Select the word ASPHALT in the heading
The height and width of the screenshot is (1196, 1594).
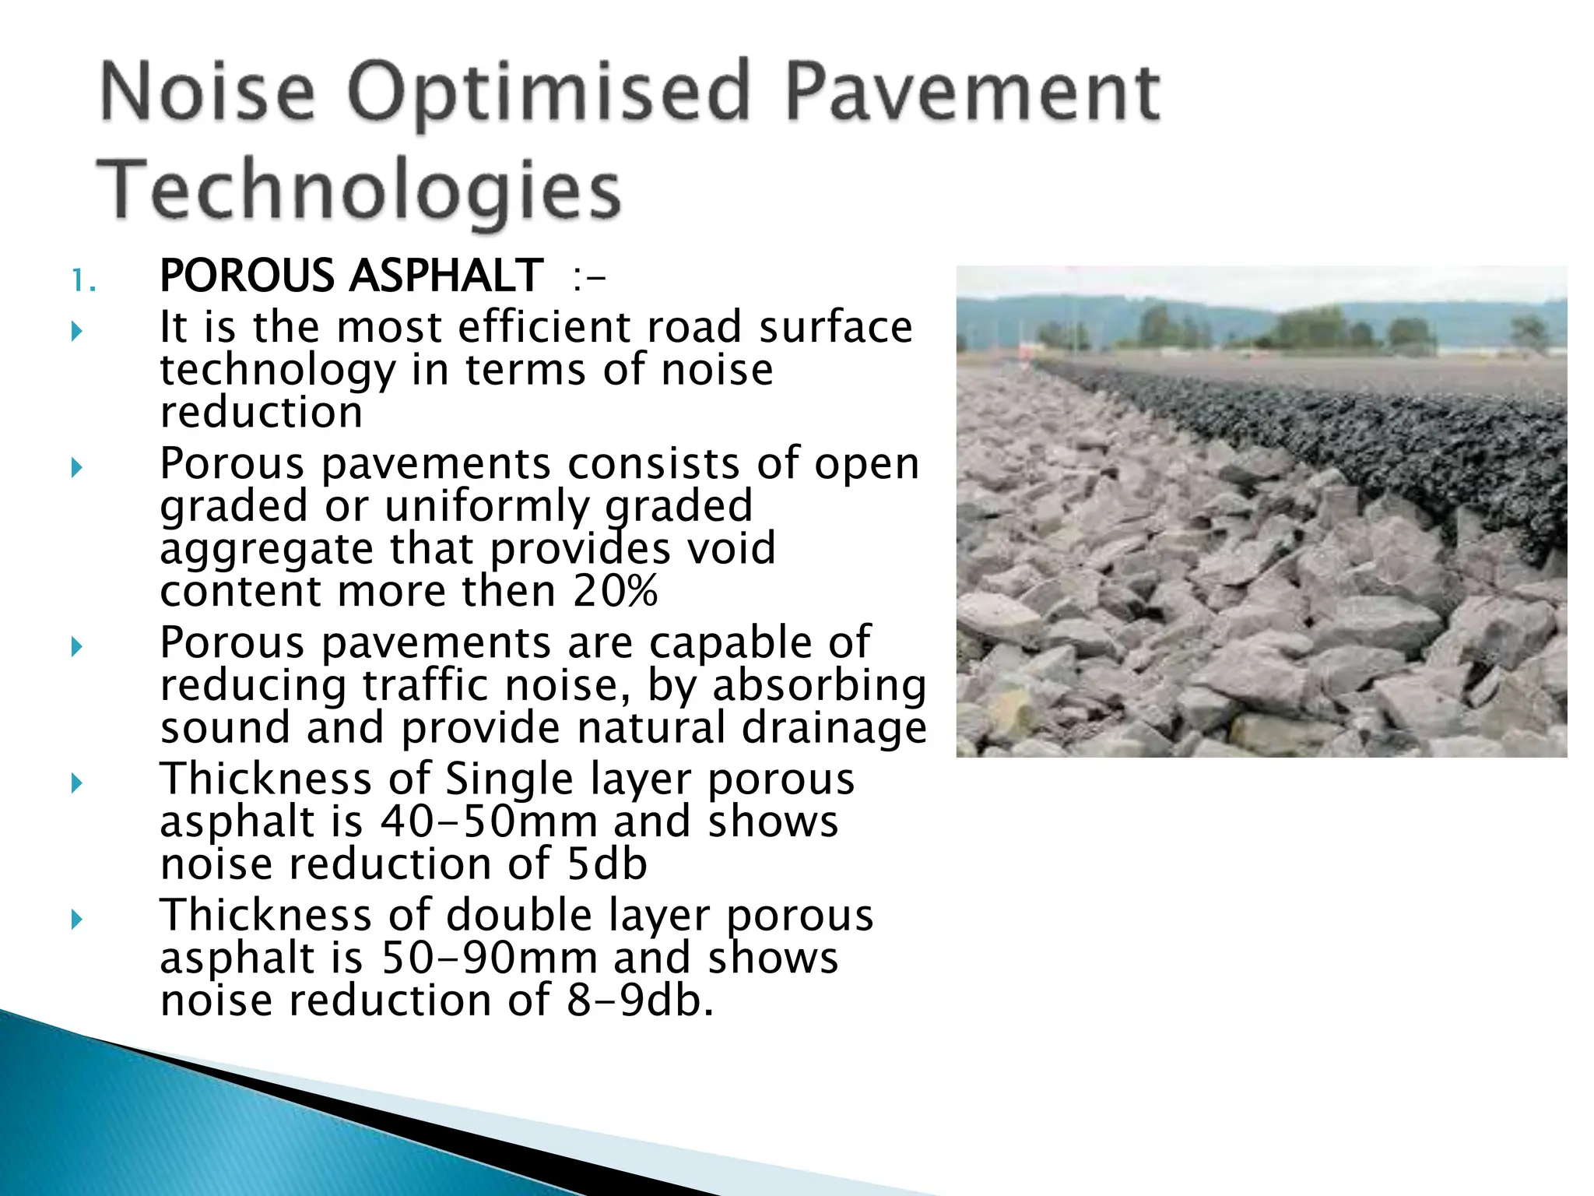click(446, 276)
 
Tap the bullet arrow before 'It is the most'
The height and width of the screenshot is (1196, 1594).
click(76, 332)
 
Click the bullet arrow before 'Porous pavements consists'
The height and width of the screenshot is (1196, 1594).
click(76, 468)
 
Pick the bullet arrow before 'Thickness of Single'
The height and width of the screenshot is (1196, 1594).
click(76, 783)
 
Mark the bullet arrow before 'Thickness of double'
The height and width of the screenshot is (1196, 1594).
click(76, 920)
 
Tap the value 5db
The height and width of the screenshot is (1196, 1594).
click(607, 865)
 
